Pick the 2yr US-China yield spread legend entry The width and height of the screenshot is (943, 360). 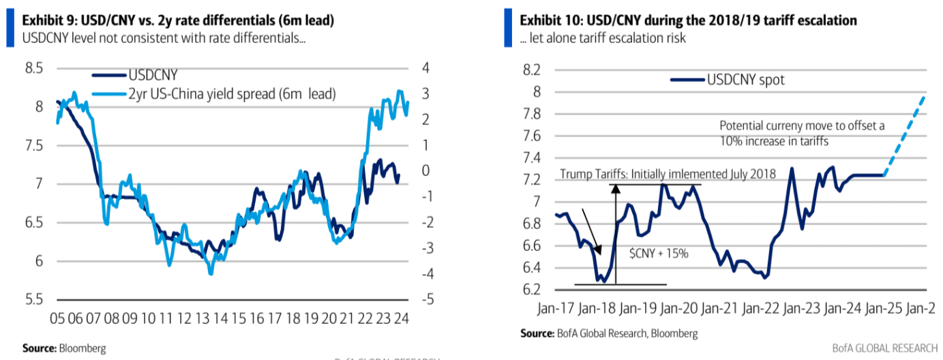232,94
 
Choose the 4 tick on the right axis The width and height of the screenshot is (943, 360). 425,68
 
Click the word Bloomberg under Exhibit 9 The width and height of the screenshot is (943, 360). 82,348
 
